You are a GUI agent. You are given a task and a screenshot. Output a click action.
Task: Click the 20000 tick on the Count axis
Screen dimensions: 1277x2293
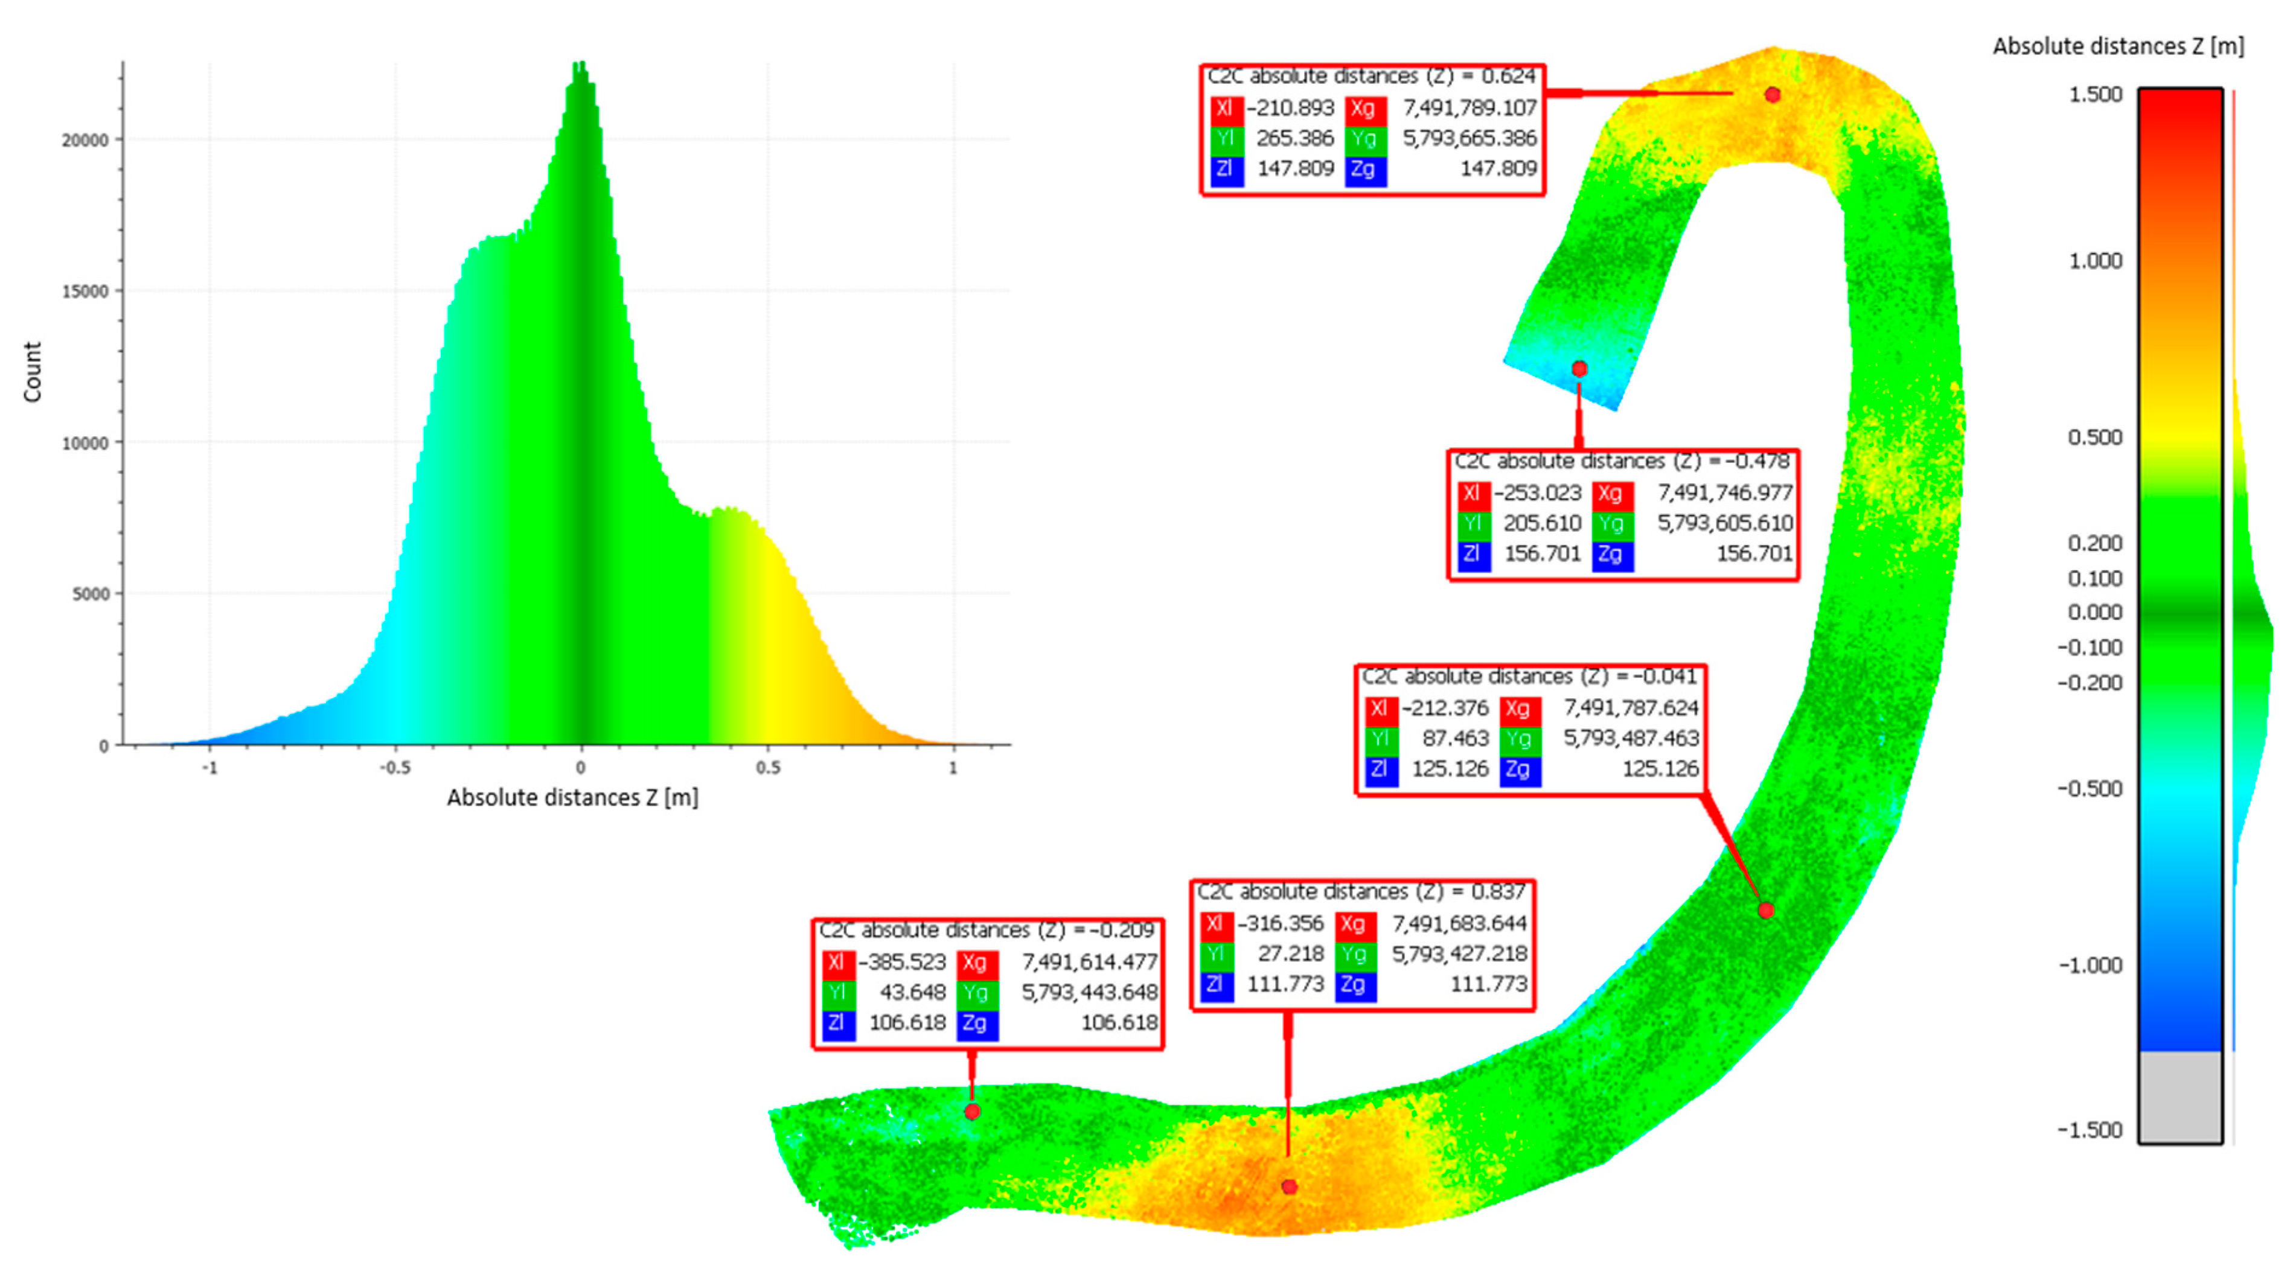(85, 140)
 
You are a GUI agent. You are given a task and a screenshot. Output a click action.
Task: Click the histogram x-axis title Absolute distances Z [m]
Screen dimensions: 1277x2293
(572, 797)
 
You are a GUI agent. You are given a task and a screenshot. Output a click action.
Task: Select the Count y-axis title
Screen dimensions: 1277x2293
(32, 372)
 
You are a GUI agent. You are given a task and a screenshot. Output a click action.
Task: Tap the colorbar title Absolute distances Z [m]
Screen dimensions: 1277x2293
(2118, 46)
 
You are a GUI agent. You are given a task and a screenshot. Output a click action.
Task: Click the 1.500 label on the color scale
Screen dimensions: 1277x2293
(2096, 94)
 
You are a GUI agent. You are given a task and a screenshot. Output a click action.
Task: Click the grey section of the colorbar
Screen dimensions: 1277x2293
(2180, 1097)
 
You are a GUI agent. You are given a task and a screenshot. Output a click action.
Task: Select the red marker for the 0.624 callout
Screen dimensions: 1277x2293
(1772, 94)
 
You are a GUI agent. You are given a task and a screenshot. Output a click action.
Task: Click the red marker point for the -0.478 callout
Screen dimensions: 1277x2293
(1579, 368)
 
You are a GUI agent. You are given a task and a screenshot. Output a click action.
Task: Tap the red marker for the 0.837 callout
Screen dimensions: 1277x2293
(1289, 1186)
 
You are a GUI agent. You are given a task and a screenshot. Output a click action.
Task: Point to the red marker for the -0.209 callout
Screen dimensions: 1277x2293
(972, 1112)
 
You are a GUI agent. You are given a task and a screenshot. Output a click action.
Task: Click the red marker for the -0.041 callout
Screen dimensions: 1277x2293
(1766, 910)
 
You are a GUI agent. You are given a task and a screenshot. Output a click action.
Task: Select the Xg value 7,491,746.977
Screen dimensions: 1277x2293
(1725, 493)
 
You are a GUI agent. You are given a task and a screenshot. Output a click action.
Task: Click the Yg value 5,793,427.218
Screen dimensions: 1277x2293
(1459, 954)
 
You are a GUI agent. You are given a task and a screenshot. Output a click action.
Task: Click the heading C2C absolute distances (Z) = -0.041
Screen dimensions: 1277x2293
(1529, 677)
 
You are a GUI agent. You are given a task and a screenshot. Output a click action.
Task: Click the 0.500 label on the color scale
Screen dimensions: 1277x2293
(2096, 437)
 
